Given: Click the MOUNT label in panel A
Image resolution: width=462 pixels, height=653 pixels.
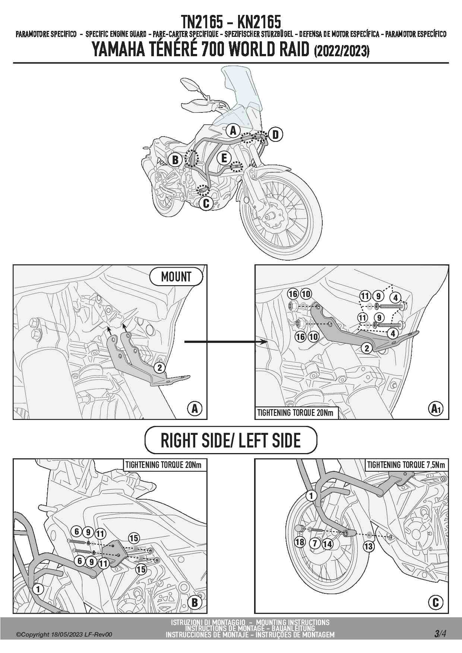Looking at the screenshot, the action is click(176, 277).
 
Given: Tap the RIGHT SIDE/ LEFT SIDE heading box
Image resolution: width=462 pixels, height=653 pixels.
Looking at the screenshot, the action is click(231, 440).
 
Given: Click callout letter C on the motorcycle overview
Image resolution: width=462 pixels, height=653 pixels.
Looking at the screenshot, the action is click(206, 203).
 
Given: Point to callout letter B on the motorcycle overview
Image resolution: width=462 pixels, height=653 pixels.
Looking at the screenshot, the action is click(175, 160).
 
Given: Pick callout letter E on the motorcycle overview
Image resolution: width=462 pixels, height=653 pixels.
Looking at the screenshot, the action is click(224, 158).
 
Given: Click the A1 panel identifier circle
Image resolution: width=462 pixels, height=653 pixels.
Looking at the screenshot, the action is click(436, 409).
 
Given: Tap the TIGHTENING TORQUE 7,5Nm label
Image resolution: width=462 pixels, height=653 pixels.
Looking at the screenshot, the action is click(406, 465).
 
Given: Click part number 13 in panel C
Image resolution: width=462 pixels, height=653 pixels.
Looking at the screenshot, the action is click(368, 546).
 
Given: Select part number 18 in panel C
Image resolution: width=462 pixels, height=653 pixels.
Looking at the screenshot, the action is click(300, 542).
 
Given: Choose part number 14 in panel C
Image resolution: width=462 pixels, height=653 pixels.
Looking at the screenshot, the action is click(327, 544).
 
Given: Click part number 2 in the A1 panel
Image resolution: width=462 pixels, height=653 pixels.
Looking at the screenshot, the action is click(367, 348).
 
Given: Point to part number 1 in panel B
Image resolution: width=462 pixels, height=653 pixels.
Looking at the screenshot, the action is click(38, 589).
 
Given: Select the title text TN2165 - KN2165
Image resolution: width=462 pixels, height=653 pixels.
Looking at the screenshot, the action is click(231, 22).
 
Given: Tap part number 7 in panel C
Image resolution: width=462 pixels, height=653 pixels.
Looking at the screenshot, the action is click(315, 544).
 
